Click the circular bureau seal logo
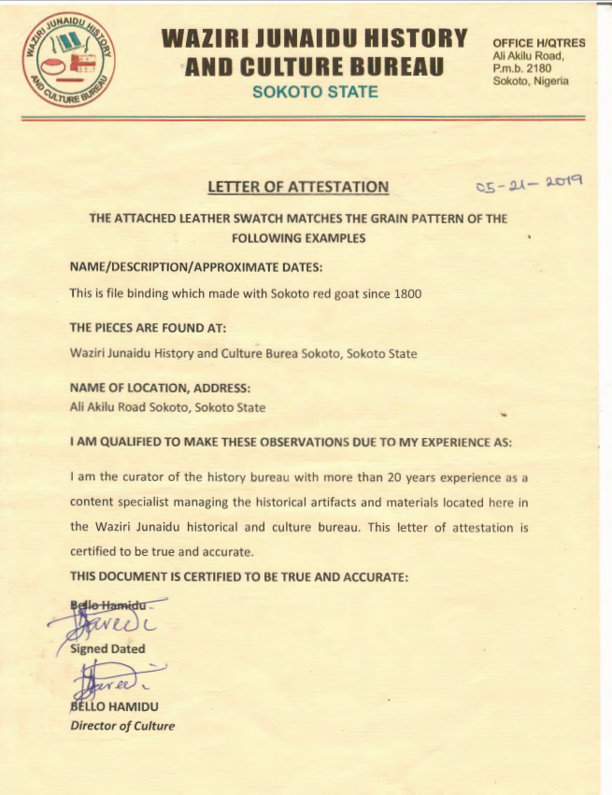tap(69, 61)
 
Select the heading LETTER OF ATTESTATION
tap(298, 187)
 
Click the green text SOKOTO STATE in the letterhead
tap(315, 92)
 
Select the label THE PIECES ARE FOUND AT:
tap(149, 328)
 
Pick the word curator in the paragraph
tap(141, 476)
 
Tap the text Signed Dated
tap(107, 648)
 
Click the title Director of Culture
tap(122, 725)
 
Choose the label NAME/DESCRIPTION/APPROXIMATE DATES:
tap(196, 267)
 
